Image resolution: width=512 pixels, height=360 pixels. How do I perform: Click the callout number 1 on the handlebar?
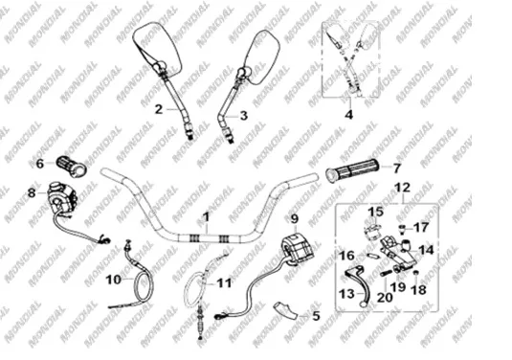pos(206,217)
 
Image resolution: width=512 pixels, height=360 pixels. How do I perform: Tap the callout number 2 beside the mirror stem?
pos(158,109)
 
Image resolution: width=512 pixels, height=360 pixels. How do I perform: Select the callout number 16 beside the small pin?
pos(346,256)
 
